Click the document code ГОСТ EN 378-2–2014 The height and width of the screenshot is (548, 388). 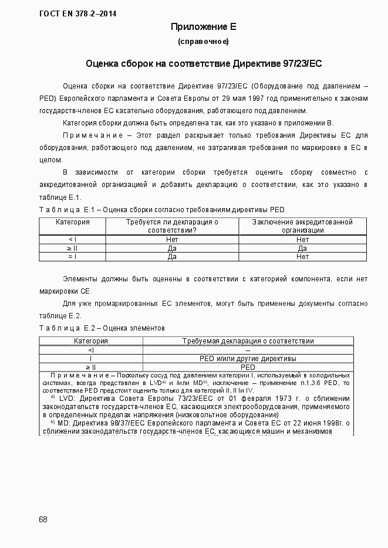click(x=77, y=13)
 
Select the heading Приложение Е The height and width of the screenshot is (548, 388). click(x=203, y=27)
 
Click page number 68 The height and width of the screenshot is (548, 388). click(x=43, y=519)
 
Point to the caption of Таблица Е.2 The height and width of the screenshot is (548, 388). click(x=102, y=328)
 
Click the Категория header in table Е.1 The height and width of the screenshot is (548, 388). click(x=73, y=222)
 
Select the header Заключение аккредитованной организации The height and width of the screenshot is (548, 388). click(x=302, y=226)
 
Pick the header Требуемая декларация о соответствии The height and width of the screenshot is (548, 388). click(x=248, y=341)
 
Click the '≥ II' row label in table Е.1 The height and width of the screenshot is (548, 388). click(x=73, y=248)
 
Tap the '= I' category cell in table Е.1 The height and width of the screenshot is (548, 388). click(x=73, y=256)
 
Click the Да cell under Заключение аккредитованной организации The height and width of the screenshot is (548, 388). click(x=302, y=248)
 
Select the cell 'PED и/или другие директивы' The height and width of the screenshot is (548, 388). click(x=248, y=358)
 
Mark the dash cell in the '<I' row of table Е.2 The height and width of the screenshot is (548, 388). click(x=248, y=350)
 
